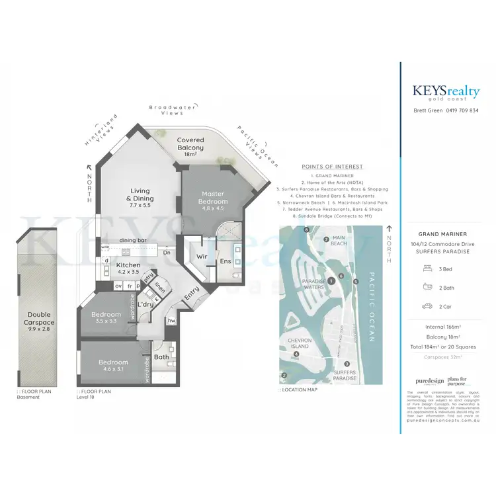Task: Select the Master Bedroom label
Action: click(214, 197)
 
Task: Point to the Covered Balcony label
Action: click(190, 144)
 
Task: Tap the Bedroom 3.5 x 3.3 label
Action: click(106, 317)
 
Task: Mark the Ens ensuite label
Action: click(225, 261)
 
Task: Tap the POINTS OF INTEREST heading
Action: click(332, 167)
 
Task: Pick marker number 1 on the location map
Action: click(331, 281)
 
